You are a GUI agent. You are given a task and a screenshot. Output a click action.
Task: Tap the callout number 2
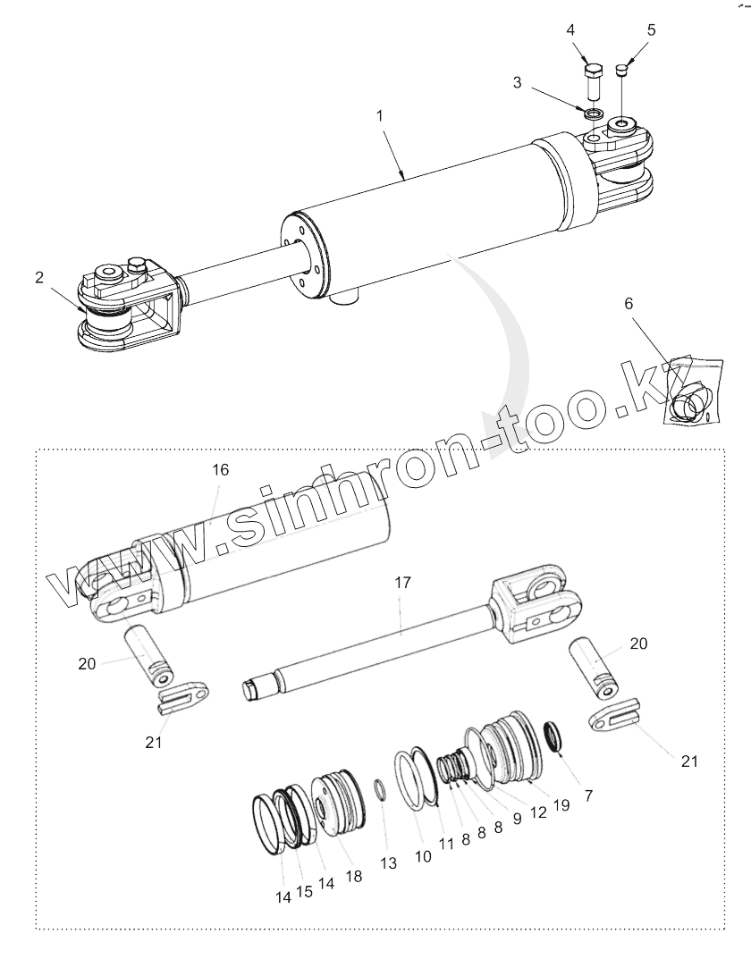click(x=39, y=277)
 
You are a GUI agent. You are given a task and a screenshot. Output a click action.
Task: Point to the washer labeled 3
click(x=590, y=114)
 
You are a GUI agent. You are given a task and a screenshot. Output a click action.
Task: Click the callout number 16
click(x=221, y=469)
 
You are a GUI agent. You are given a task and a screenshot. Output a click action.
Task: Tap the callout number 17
click(x=402, y=582)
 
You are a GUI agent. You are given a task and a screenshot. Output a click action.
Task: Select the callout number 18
click(x=354, y=876)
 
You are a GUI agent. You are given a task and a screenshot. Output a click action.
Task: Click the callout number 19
click(x=561, y=804)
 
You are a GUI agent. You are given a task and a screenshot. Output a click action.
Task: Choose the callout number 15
click(x=305, y=891)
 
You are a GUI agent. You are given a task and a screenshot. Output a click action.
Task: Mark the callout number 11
click(x=446, y=843)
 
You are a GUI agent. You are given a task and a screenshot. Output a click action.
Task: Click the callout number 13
click(x=387, y=863)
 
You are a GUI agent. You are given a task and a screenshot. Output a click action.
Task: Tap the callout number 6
click(x=629, y=304)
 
